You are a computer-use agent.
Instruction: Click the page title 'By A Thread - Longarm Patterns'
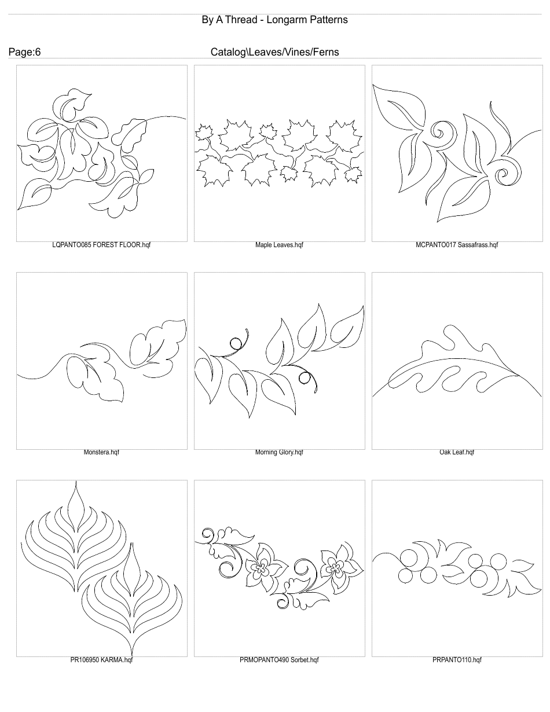[x=274, y=20]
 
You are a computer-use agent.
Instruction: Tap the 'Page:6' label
[x=24, y=52]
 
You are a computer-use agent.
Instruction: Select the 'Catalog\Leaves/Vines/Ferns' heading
[x=274, y=52]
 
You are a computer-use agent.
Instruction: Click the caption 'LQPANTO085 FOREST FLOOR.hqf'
[x=101, y=245]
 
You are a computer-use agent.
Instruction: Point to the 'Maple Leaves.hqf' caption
[x=279, y=245]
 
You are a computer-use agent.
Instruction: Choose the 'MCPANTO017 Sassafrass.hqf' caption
[x=457, y=245]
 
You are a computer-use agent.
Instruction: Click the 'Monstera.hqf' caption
[x=101, y=452]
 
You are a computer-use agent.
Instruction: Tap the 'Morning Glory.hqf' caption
[x=279, y=452]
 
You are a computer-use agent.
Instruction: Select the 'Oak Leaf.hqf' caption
[x=457, y=452]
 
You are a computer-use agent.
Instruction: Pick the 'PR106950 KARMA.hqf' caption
[x=101, y=659]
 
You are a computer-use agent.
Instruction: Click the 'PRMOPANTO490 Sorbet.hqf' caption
[x=279, y=659]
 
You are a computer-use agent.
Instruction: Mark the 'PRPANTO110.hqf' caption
[x=457, y=659]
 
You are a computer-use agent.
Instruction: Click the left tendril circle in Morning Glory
[x=236, y=343]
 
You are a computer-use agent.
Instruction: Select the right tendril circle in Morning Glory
[x=303, y=377]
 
